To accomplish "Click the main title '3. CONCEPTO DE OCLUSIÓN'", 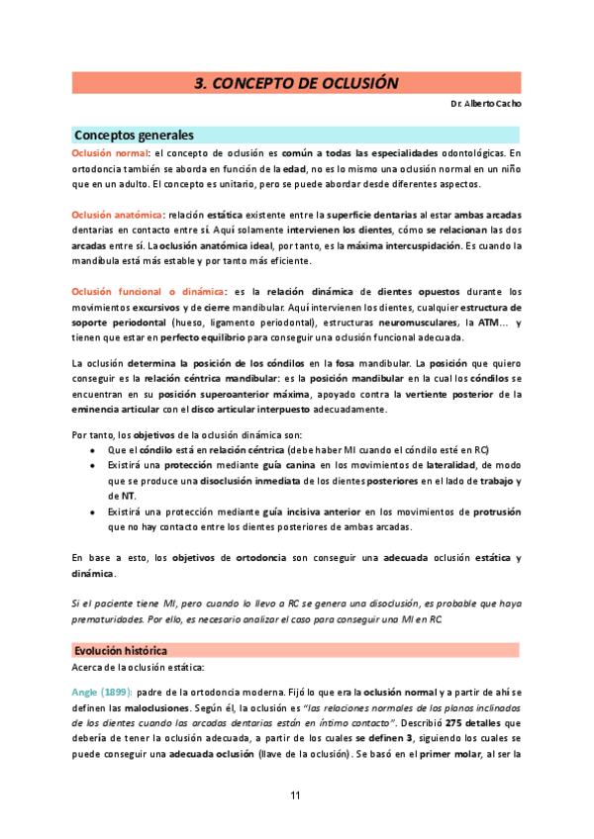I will (296, 83).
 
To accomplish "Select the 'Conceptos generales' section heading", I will (134, 135).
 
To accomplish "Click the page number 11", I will (296, 796).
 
